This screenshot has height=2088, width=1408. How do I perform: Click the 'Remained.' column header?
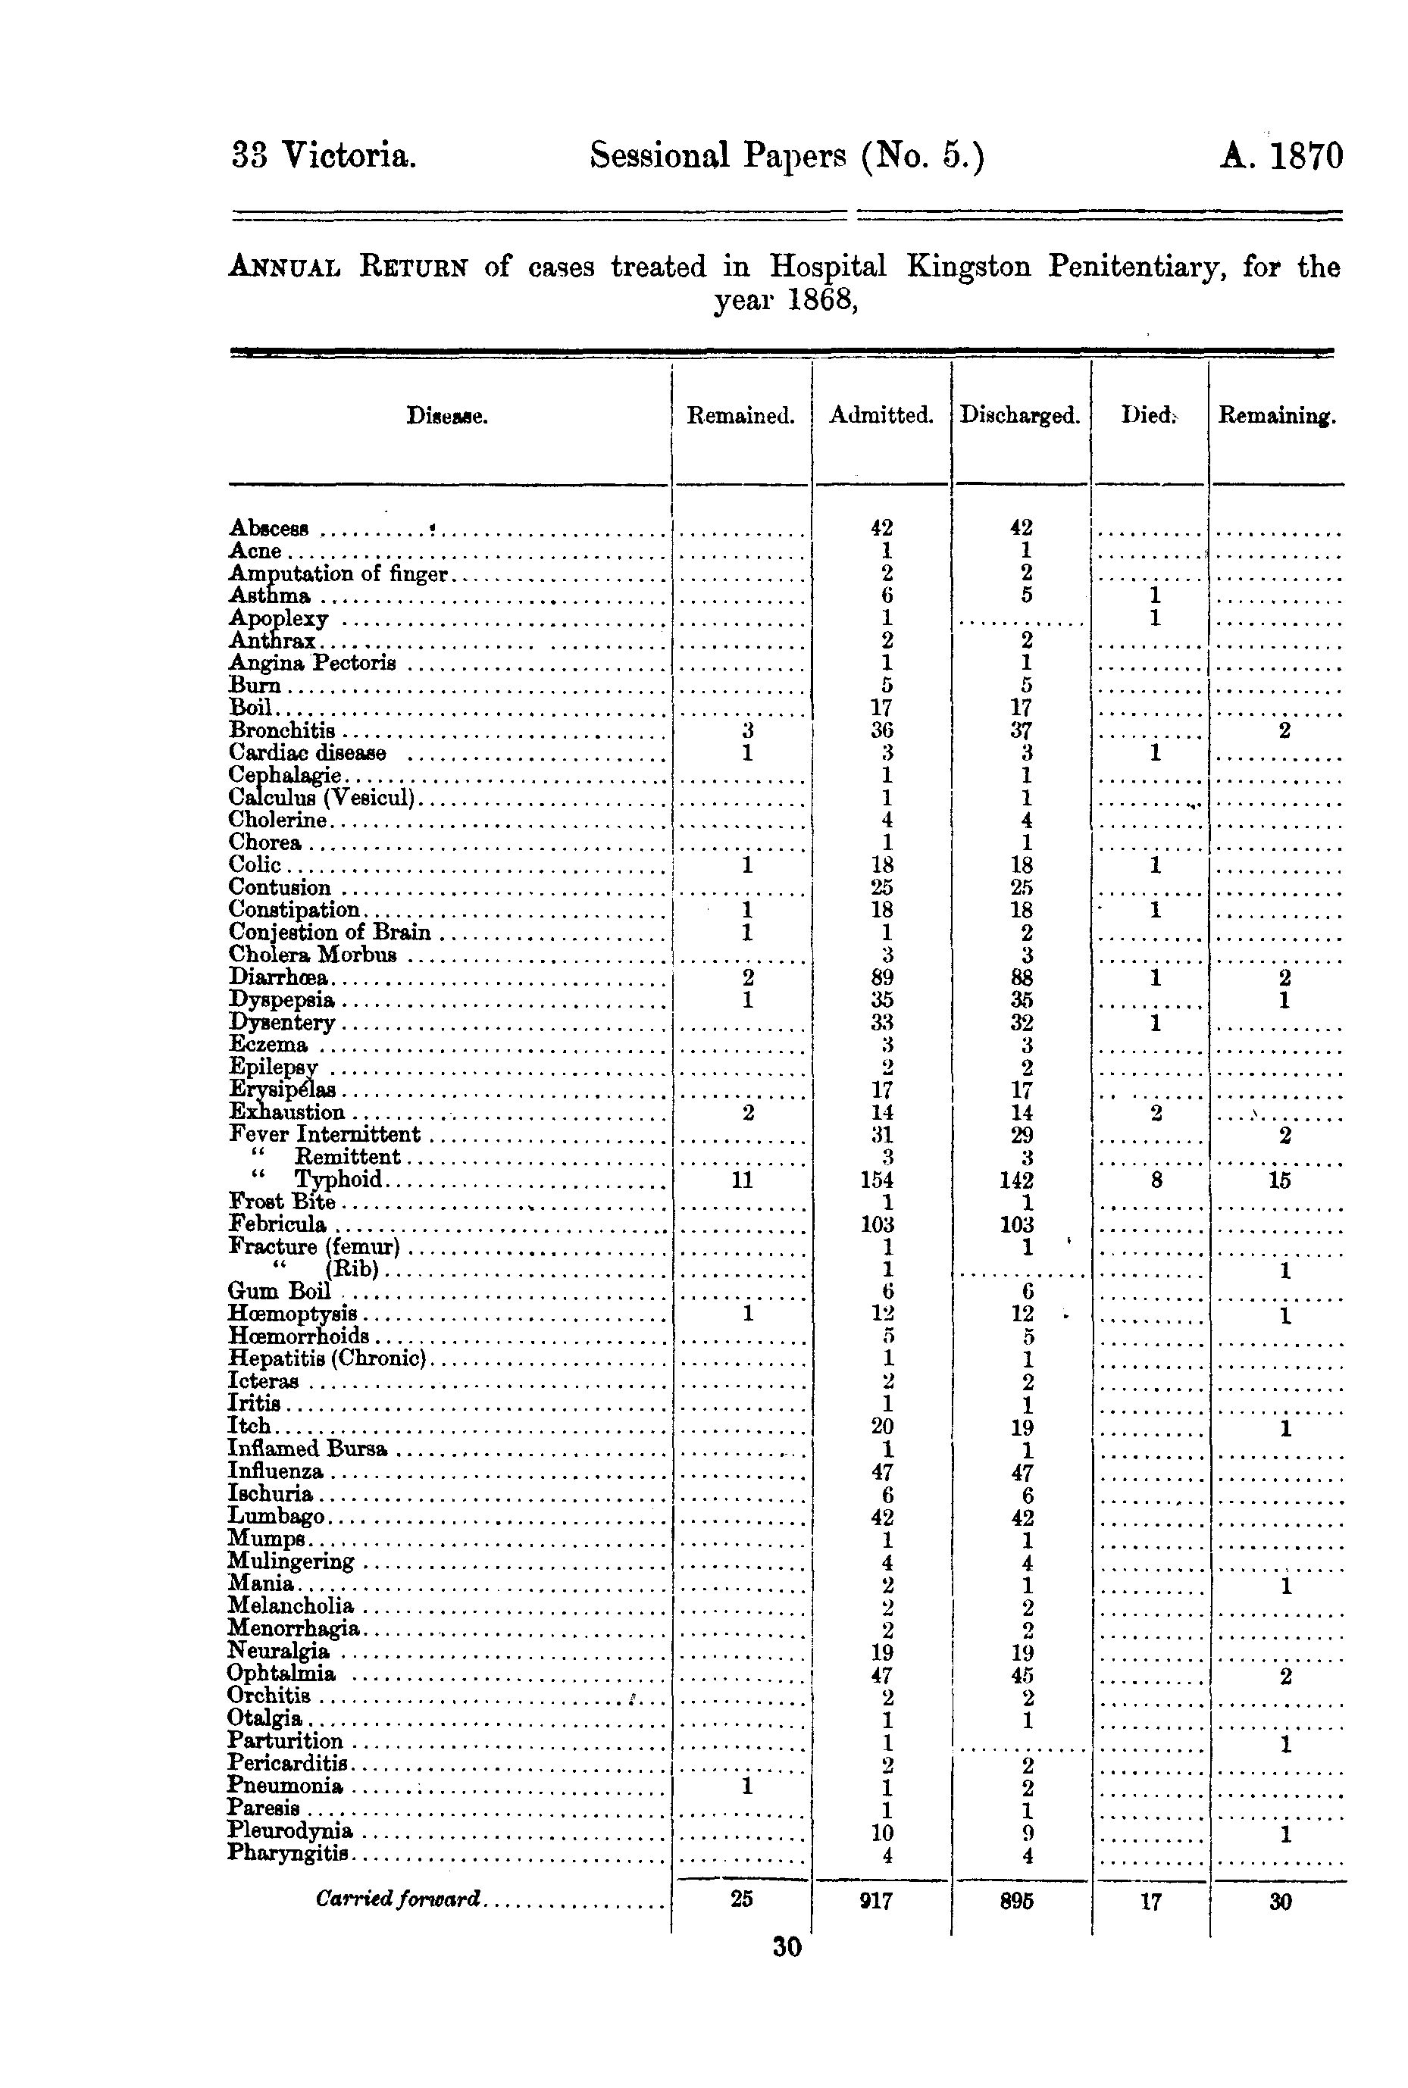pyautogui.click(x=741, y=416)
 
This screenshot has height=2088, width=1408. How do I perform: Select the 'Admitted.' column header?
pyautogui.click(x=881, y=416)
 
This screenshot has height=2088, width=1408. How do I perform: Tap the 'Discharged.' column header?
pyautogui.click(x=1020, y=416)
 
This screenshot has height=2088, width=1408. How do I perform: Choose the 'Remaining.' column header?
pyautogui.click(x=1277, y=417)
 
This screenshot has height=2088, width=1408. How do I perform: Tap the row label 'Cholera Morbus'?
pyautogui.click(x=312, y=955)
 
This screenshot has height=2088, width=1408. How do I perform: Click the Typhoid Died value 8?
pyautogui.click(x=1156, y=1180)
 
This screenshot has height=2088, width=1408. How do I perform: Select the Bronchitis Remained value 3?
pyautogui.click(x=746, y=730)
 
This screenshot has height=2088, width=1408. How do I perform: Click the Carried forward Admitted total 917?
pyautogui.click(x=875, y=1900)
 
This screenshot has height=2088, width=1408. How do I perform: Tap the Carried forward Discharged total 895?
pyautogui.click(x=1018, y=1900)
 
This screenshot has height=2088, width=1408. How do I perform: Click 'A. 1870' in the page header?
pyautogui.click(x=1281, y=157)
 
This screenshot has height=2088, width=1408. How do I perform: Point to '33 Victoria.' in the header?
pyautogui.click(x=324, y=156)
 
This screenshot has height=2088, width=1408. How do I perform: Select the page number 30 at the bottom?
pyautogui.click(x=787, y=1947)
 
